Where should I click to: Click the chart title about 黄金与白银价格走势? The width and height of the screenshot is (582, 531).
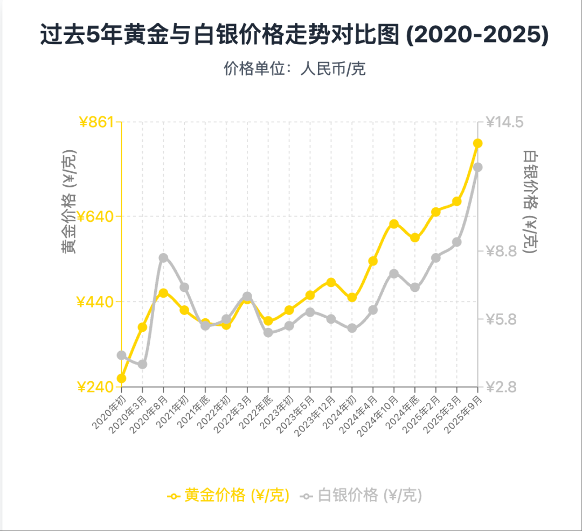[294, 36]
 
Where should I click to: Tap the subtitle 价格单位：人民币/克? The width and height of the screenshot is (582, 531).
[295, 69]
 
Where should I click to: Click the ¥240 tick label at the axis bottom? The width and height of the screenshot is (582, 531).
[96, 387]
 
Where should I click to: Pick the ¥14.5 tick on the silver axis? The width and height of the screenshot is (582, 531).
[504, 122]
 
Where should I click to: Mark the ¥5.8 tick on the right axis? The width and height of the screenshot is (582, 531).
[501, 319]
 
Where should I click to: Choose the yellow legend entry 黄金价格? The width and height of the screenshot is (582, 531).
[228, 495]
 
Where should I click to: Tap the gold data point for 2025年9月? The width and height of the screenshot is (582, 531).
[477, 143]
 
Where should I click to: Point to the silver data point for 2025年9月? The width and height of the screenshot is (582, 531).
[477, 167]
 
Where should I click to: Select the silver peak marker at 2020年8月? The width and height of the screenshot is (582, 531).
[163, 258]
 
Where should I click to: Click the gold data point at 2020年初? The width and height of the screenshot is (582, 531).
[121, 379]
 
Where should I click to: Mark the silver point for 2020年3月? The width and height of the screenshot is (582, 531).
[142, 365]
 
